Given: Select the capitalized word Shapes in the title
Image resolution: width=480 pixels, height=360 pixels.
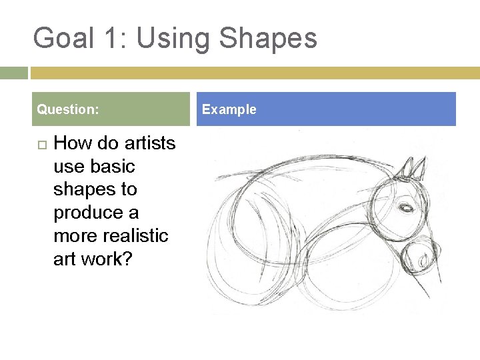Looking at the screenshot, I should (268, 38).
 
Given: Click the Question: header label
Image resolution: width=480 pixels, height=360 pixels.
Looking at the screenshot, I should (68, 109).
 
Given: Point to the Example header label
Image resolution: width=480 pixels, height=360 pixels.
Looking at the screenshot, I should (229, 109).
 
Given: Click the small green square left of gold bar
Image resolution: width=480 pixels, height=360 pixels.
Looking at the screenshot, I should (13, 73).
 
